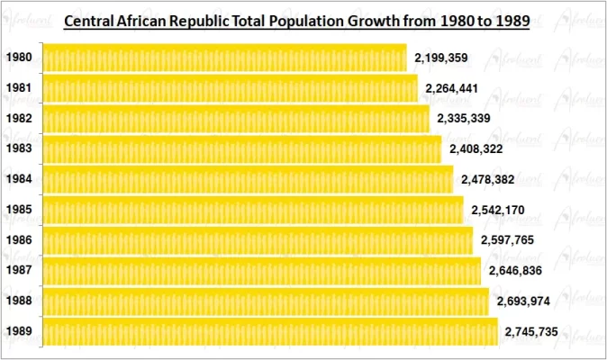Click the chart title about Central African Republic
(296, 17)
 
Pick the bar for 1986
(256, 241)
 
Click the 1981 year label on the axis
(19, 89)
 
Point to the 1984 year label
(19, 180)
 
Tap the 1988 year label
(19, 301)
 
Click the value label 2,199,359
(440, 58)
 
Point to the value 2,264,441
(451, 88)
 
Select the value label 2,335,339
(463, 119)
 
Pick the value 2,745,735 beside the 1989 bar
(531, 332)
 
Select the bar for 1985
(252, 211)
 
